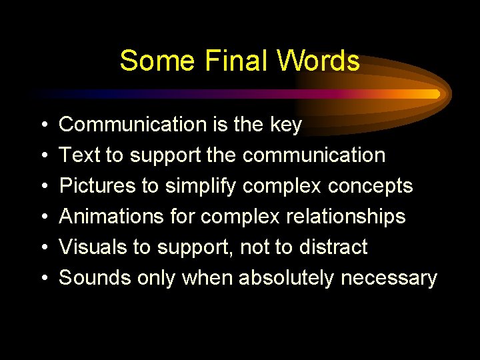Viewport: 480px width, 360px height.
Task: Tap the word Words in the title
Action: pyautogui.click(x=318, y=61)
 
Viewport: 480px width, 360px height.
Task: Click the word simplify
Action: pyautogui.click(x=198, y=186)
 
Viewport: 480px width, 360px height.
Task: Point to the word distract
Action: pyautogui.click(x=331, y=247)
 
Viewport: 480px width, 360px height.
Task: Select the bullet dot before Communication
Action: pyautogui.click(x=43, y=125)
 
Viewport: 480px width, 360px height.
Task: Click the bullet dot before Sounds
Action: pyautogui.click(x=43, y=279)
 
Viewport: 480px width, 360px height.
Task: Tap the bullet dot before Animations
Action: pyautogui.click(x=43, y=217)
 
